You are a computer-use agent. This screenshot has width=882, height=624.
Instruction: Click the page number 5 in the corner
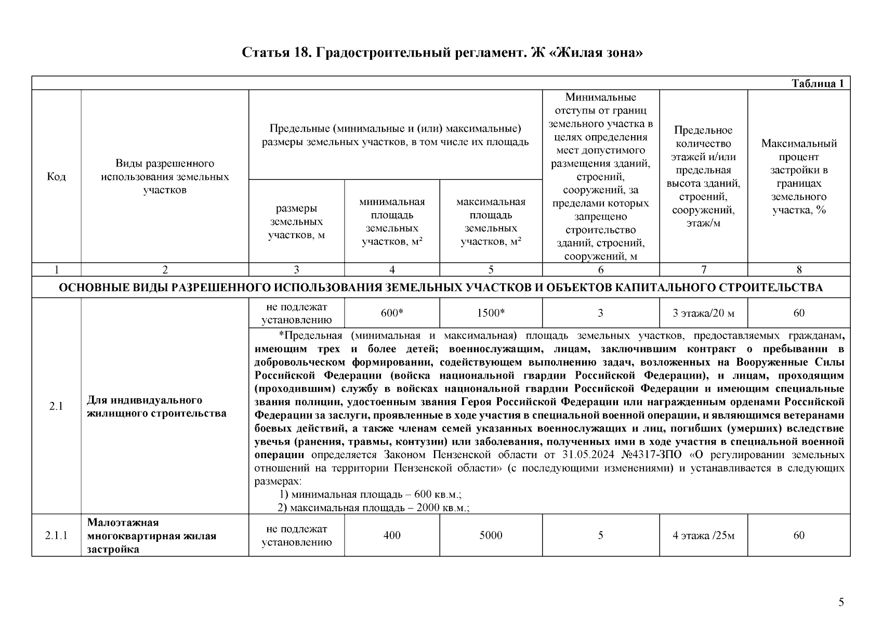pyautogui.click(x=841, y=603)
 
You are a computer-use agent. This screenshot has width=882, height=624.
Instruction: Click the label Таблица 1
pyautogui.click(x=817, y=84)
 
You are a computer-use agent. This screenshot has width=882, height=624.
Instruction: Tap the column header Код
pyautogui.click(x=56, y=177)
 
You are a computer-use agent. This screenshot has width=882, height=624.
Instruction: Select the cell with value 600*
pyautogui.click(x=392, y=313)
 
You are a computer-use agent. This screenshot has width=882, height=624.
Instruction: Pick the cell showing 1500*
pyautogui.click(x=491, y=313)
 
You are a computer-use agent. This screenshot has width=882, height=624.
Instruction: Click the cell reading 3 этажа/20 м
pyautogui.click(x=703, y=313)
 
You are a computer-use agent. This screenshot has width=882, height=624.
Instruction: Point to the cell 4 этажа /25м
pyautogui.click(x=703, y=536)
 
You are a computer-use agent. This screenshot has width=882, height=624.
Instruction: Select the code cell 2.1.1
pyautogui.click(x=56, y=536)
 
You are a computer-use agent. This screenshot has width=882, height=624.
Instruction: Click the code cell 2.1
pyautogui.click(x=56, y=407)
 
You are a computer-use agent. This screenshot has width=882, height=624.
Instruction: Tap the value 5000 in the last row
pyautogui.click(x=491, y=536)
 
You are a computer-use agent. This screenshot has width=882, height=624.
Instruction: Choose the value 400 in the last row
pyautogui.click(x=392, y=536)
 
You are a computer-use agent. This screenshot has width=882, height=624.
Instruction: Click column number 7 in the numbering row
pyautogui.click(x=703, y=269)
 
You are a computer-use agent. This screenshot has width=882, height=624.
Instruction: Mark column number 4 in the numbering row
pyautogui.click(x=392, y=269)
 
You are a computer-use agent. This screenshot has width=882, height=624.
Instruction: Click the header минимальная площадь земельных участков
pyautogui.click(x=392, y=222)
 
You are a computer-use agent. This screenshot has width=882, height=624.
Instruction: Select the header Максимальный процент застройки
pyautogui.click(x=799, y=177)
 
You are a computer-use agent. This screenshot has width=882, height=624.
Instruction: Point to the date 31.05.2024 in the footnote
pyautogui.click(x=589, y=455)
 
